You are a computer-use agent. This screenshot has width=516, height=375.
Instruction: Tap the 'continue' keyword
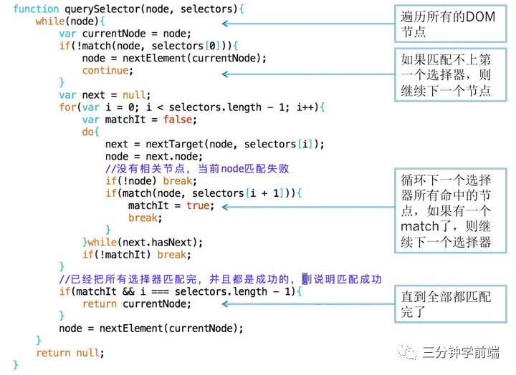pyautogui.click(x=107, y=70)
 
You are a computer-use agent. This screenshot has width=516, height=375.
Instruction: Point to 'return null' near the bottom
pyautogui.click(x=70, y=352)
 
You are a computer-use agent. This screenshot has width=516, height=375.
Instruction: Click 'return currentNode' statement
pyautogui.click(x=137, y=303)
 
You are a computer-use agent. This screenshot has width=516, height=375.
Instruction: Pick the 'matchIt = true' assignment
pyautogui.click(x=169, y=205)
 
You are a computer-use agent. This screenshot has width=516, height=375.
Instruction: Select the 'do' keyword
pyautogui.click(x=90, y=132)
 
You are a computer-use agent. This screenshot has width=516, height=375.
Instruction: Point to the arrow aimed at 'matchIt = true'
pyautogui.click(x=307, y=206)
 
